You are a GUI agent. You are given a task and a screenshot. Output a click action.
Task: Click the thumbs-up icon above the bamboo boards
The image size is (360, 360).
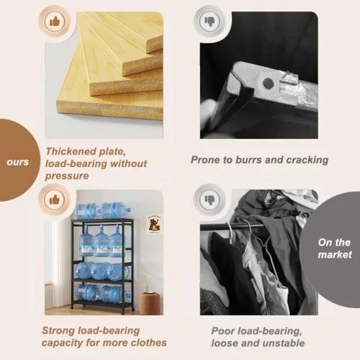coord(55,22)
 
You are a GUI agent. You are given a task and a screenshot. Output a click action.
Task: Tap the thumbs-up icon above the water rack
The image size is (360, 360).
coord(55,199)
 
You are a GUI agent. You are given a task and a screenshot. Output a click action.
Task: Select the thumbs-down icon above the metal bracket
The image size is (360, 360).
coord(210,22)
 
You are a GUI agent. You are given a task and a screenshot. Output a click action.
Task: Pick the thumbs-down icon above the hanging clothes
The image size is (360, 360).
coord(210,199)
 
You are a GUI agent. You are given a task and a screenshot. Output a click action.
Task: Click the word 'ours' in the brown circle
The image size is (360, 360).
coord(18,162)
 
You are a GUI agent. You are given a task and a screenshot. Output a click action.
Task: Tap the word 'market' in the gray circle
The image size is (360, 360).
coord(335,254)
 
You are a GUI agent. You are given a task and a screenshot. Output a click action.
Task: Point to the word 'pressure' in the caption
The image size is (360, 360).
coord(67,176)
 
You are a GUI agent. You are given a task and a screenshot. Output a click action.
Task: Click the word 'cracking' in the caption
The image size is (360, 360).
coord(307,161)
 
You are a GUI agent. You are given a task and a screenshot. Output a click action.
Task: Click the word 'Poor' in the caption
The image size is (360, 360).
coord(222,331)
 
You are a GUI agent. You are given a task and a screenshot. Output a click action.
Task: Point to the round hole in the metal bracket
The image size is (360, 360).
coord(268,84)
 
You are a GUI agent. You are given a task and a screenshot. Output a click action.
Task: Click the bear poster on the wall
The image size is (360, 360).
coord(154,225)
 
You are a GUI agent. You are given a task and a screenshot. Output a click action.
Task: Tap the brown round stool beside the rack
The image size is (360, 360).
coord(150,304)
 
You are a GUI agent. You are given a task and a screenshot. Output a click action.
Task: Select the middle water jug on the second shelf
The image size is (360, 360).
coord(101,242)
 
